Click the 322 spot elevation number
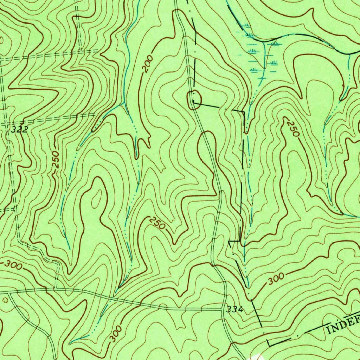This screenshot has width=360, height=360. click(19, 129)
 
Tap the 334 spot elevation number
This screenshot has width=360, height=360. click(235, 309)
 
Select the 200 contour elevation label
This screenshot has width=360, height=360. click(148, 64)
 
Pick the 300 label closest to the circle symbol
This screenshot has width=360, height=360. click(13, 265)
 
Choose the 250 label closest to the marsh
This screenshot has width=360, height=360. click(293, 129)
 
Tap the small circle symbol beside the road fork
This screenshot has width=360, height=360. click(5, 300)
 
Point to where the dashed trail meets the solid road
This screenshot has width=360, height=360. click(56, 289)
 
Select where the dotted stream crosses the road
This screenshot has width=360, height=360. click(110, 298)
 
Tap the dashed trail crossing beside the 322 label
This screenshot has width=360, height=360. click(7, 123)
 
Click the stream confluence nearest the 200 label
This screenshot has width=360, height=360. click(122, 104)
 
